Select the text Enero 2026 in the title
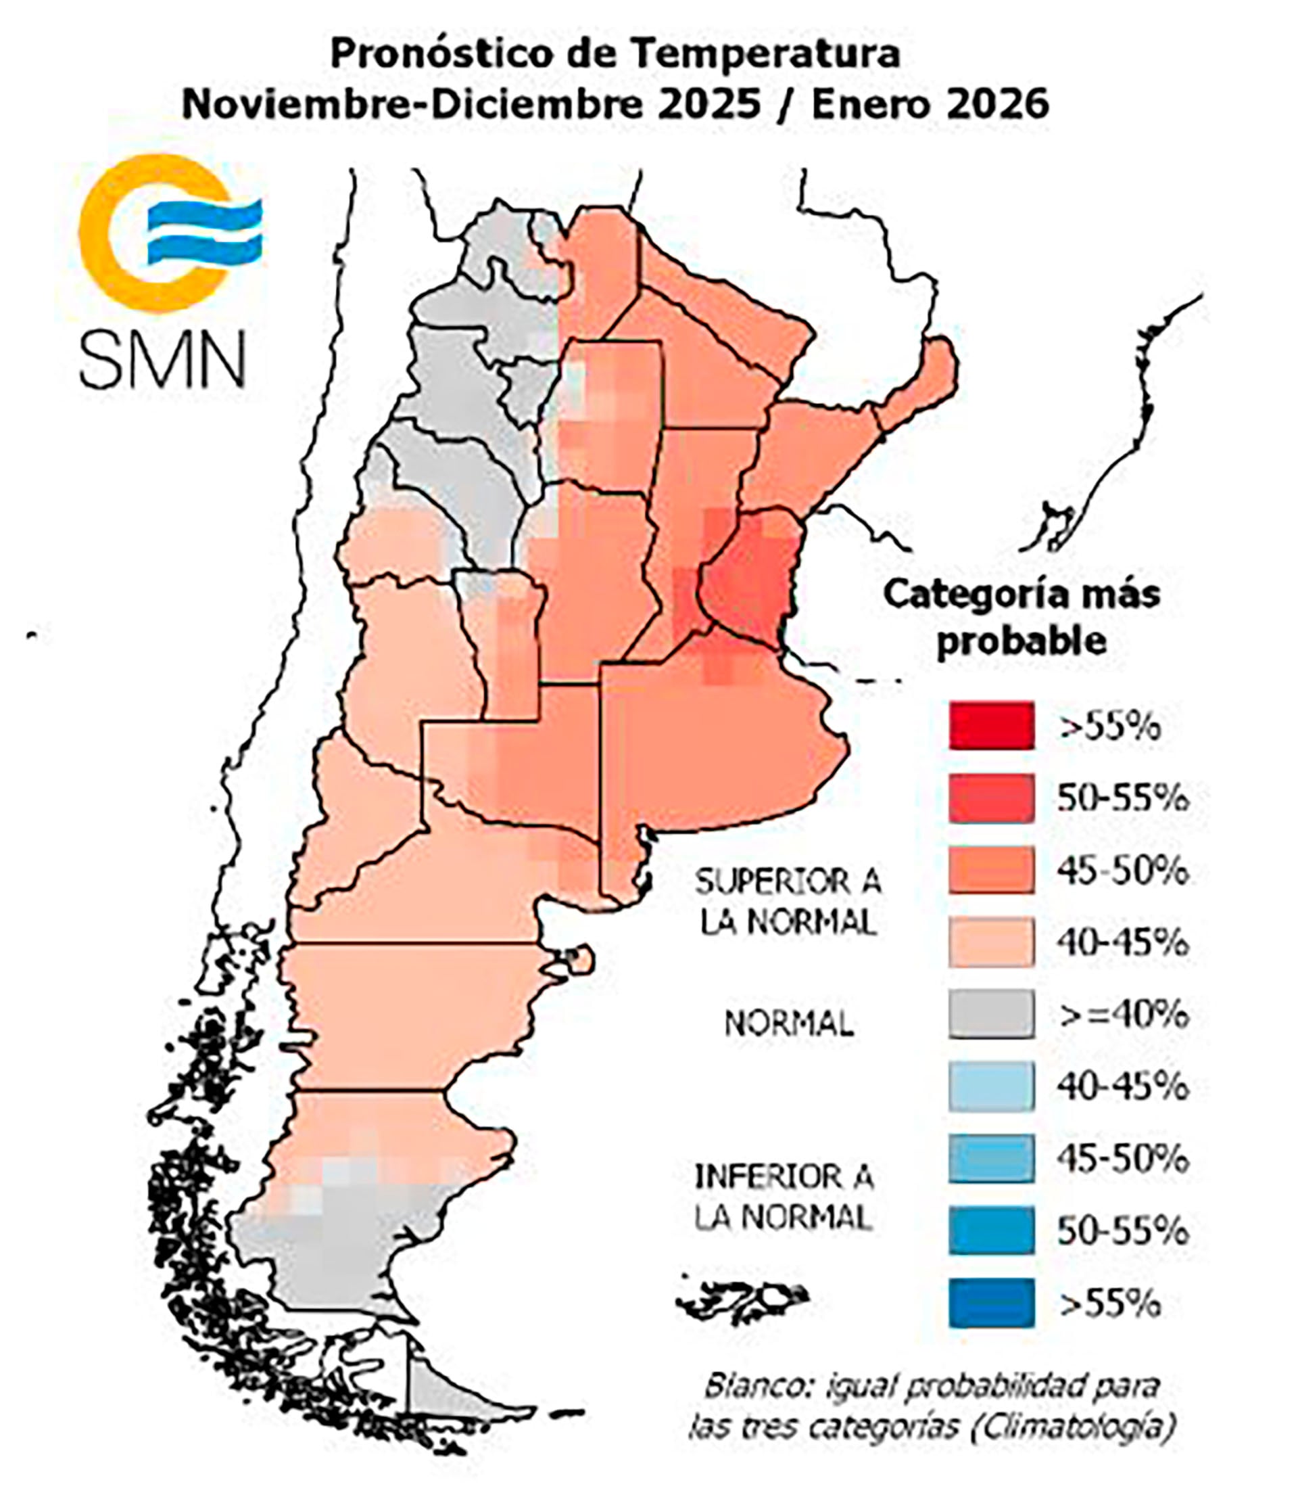[x=930, y=104]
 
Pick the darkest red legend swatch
[x=991, y=725]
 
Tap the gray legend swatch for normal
[x=991, y=1014]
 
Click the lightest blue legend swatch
[x=991, y=1086]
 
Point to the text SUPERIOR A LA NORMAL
[x=788, y=902]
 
